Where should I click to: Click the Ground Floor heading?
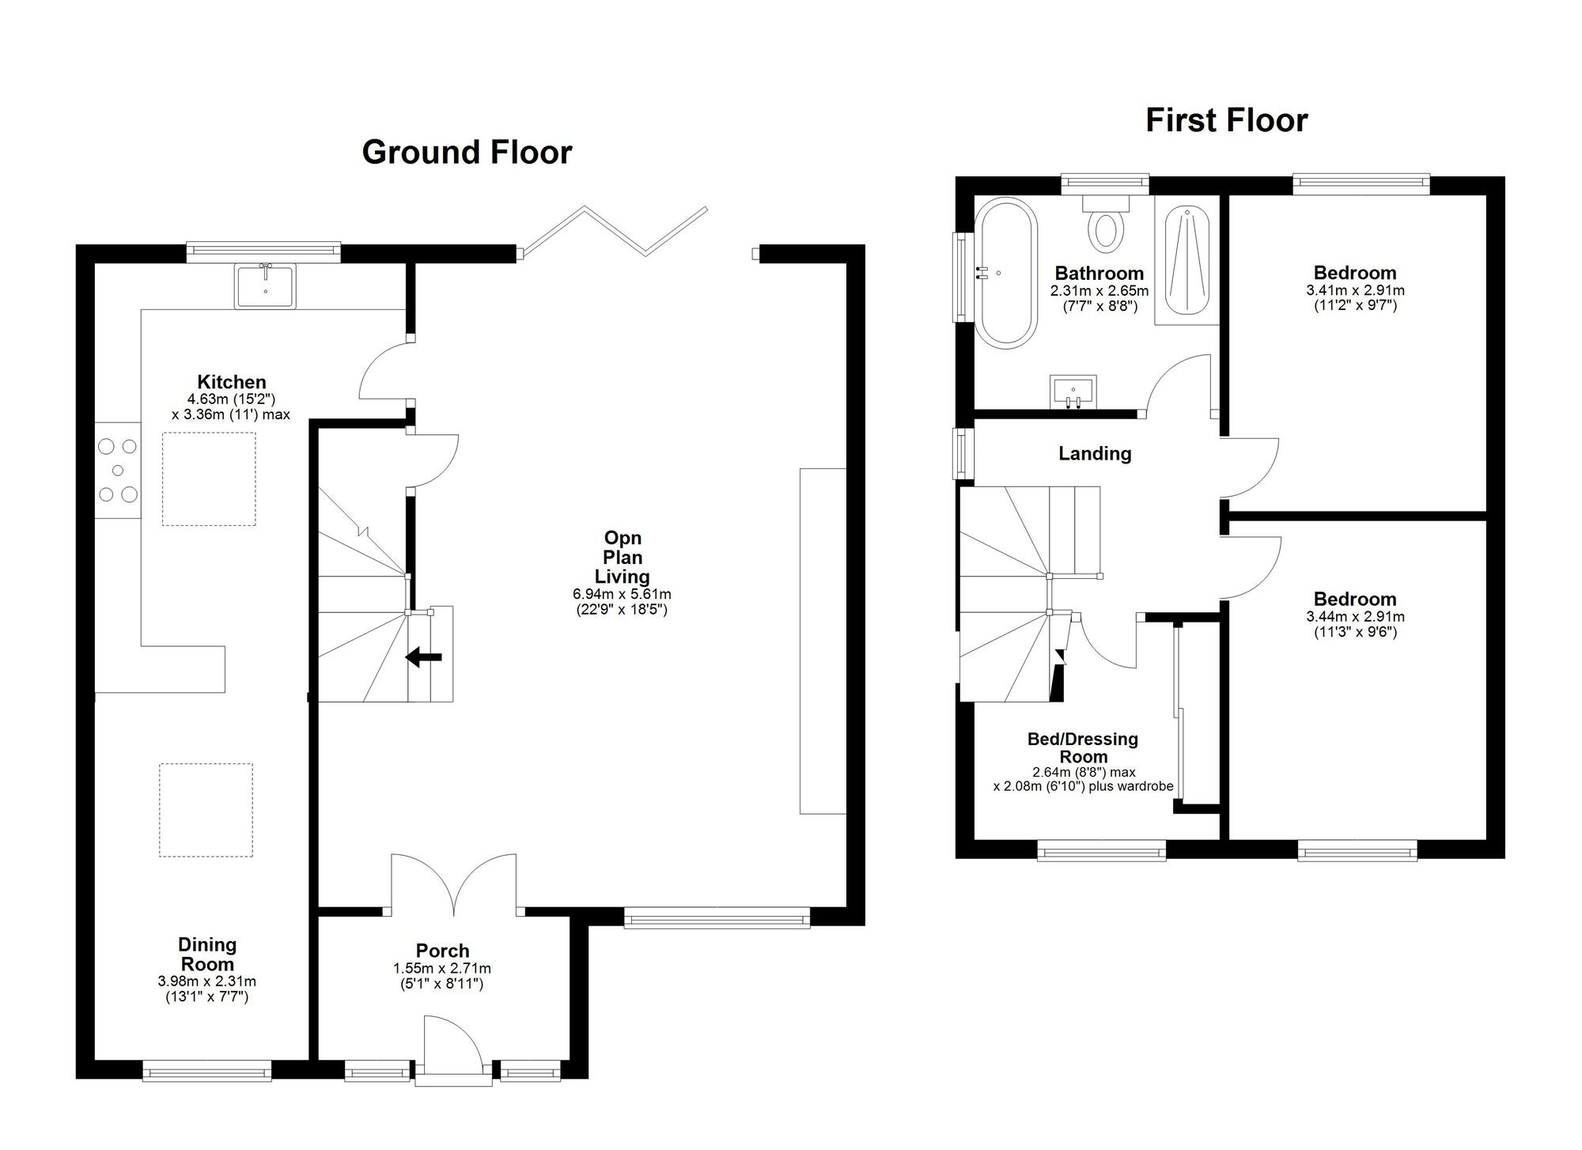[467, 153]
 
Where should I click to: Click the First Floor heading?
[1226, 120]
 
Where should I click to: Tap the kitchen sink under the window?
[265, 286]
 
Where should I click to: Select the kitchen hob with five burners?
[118, 471]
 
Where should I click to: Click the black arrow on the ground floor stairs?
[424, 656]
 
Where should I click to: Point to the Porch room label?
[442, 951]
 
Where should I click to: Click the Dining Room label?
[206, 954]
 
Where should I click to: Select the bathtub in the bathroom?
[1005, 273]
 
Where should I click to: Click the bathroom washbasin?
[1073, 392]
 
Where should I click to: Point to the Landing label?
[1095, 453]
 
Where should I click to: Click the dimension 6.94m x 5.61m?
[622, 594]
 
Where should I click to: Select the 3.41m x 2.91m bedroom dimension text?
[1355, 290]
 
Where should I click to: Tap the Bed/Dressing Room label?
[1082, 747]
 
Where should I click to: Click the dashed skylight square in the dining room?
[206, 809]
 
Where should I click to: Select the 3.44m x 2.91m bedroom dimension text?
[1355, 617]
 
